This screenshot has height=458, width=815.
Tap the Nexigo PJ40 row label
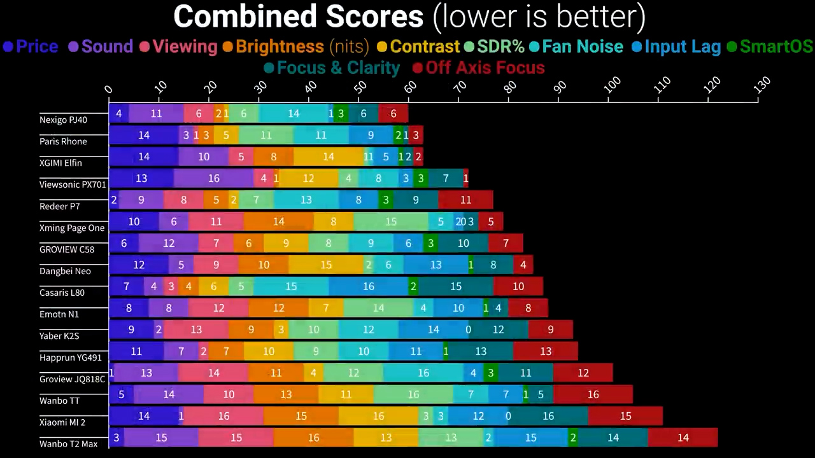(x=63, y=120)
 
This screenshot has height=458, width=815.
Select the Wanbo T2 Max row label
(x=68, y=444)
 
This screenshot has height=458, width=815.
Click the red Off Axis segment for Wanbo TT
(x=593, y=394)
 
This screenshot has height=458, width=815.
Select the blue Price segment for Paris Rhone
(x=144, y=135)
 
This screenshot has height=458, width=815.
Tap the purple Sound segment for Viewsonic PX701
(x=213, y=178)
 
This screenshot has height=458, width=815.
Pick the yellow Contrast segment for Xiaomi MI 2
(x=378, y=416)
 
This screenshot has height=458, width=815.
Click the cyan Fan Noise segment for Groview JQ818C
(x=423, y=373)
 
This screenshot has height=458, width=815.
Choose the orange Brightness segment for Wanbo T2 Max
(x=313, y=438)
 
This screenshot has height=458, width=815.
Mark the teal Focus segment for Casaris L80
(x=456, y=286)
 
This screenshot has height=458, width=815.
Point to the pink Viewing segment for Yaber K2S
(x=196, y=330)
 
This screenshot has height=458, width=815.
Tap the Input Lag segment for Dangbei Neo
(x=436, y=265)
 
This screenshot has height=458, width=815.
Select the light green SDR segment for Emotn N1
(x=378, y=308)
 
